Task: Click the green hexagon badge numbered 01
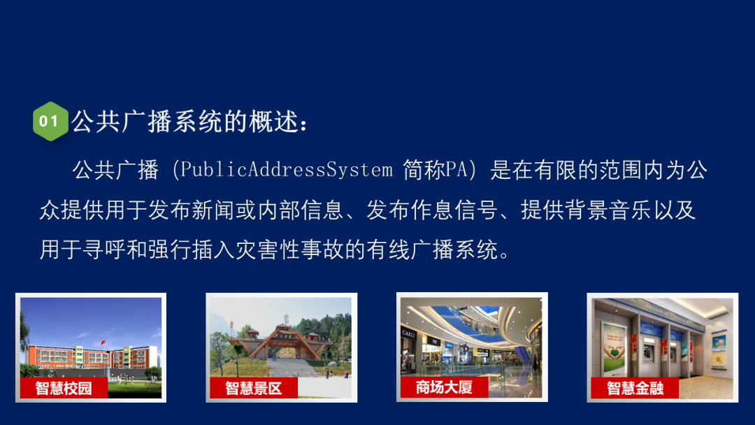click(50, 121)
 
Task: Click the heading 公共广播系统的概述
click(189, 122)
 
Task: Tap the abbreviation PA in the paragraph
click(465, 170)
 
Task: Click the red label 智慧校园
click(64, 388)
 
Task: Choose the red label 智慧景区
click(254, 388)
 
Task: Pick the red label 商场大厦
click(444, 387)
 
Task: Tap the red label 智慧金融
click(634, 388)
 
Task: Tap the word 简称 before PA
click(423, 170)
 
